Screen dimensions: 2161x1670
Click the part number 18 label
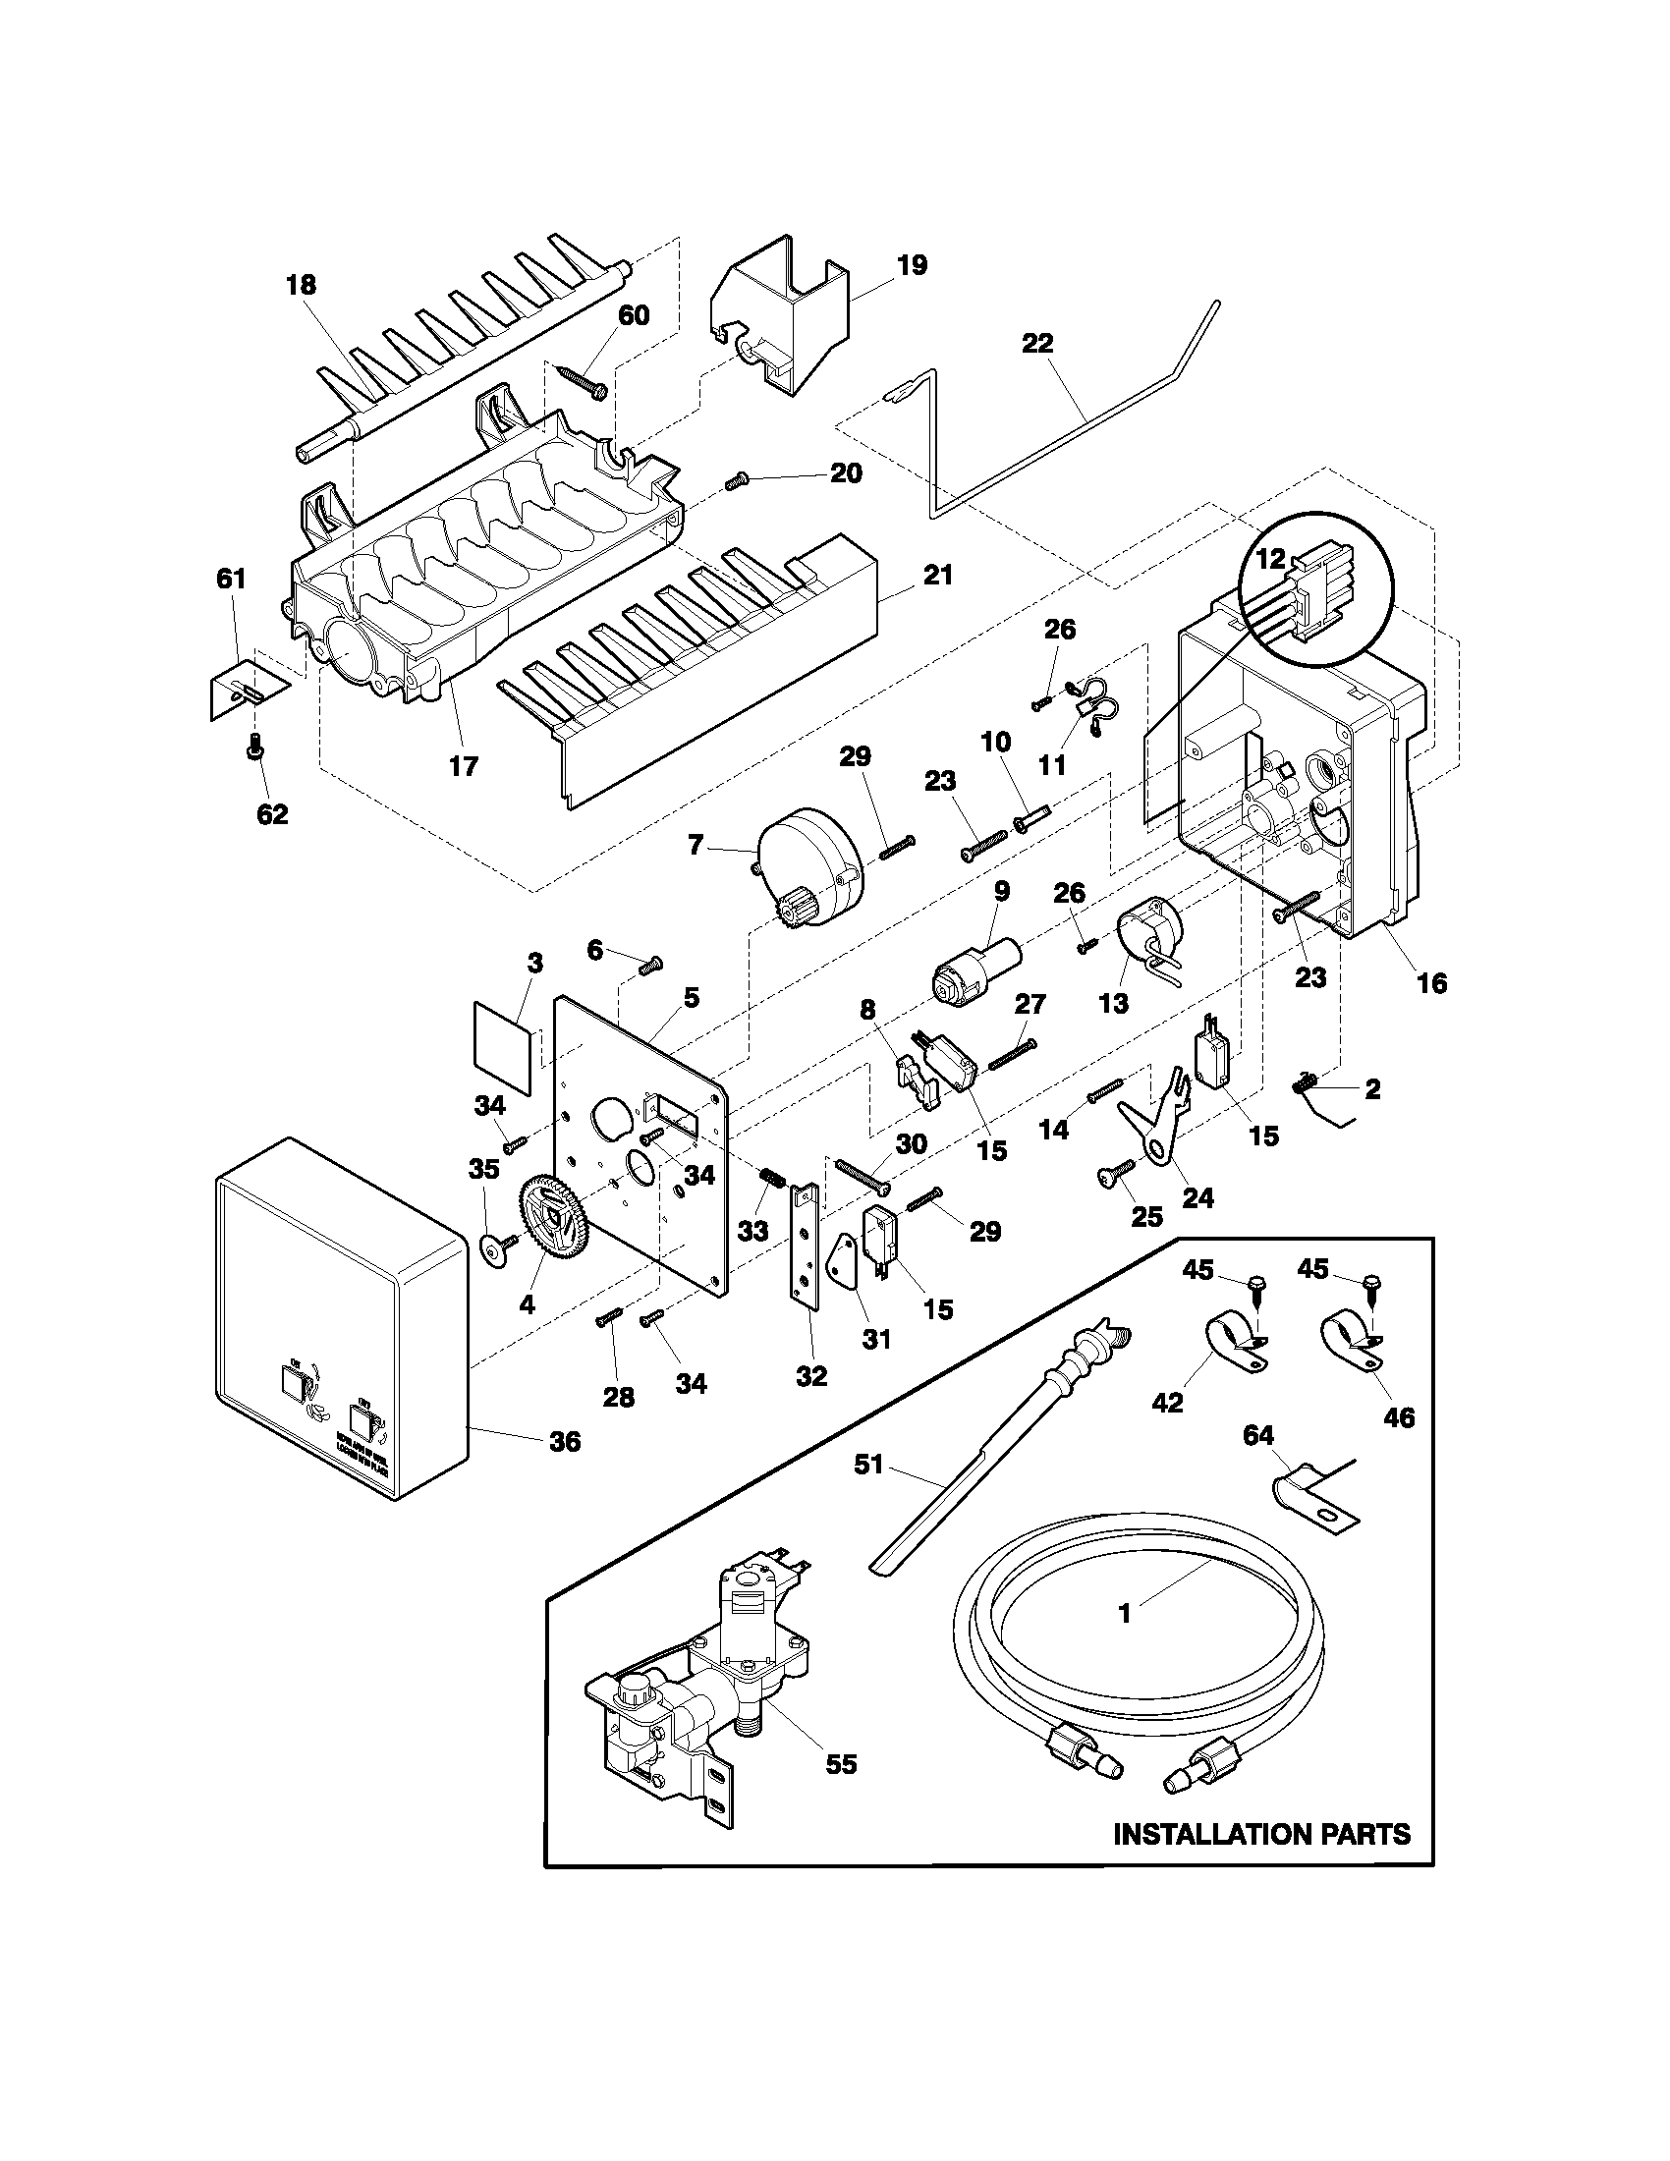pyautogui.click(x=301, y=286)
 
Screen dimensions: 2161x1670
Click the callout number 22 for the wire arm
pyautogui.click(x=1037, y=345)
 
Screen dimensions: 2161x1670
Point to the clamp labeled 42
pyautogui.click(x=1231, y=1339)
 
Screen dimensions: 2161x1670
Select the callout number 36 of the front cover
pyautogui.click(x=565, y=1442)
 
